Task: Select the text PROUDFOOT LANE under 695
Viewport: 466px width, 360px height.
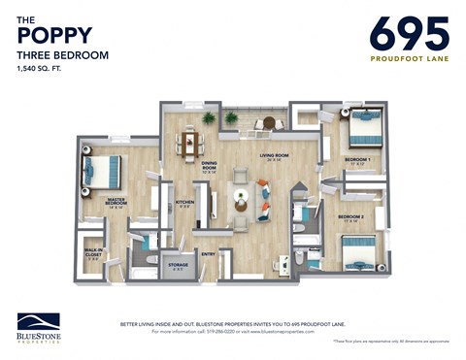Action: coord(409,58)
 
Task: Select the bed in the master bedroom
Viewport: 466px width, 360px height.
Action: coord(102,172)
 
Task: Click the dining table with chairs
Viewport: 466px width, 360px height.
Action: coord(190,145)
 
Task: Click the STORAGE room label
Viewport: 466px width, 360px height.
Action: coord(178,264)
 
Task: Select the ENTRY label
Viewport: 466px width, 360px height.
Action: coord(209,255)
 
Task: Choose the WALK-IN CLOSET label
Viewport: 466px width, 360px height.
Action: coord(93,255)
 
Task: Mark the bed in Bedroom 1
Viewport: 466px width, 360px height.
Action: coord(365,127)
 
